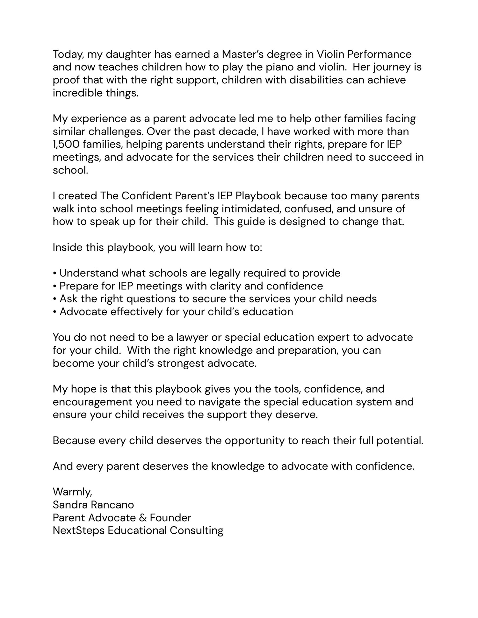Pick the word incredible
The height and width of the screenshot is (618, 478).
point(77,93)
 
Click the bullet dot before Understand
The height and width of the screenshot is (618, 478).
point(55,273)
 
